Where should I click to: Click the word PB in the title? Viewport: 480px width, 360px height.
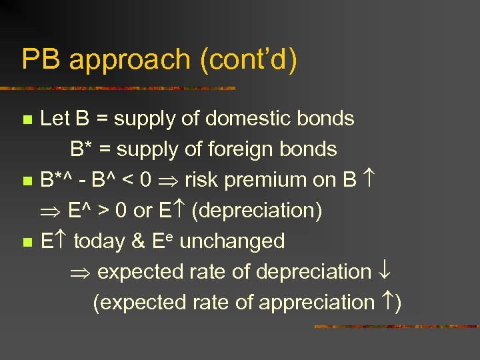[41, 60]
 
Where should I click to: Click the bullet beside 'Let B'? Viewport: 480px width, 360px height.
[27, 121]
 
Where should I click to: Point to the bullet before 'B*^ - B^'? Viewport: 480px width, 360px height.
[27, 181]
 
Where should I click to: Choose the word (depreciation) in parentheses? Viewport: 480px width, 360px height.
[257, 211]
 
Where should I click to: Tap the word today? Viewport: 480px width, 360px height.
[101, 241]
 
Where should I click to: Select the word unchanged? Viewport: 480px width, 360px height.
[232, 241]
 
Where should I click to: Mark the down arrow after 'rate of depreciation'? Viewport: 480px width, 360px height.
[385, 271]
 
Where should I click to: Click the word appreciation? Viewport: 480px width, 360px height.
[317, 302]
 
